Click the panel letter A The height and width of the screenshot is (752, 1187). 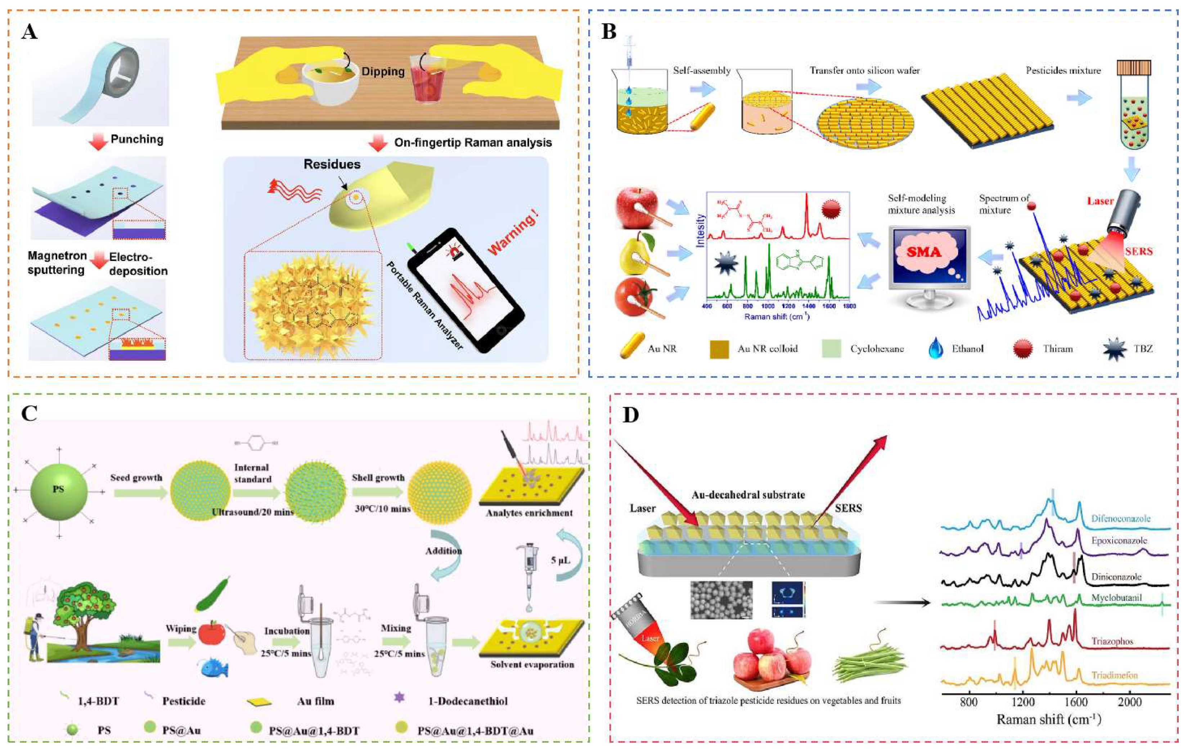[29, 32]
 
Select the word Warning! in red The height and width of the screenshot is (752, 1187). [513, 232]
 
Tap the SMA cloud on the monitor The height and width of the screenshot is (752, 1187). [924, 252]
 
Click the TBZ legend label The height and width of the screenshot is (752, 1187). [1143, 349]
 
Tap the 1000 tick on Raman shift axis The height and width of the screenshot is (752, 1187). [768, 306]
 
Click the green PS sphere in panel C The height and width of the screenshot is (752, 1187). [59, 490]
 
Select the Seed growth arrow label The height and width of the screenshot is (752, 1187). [136, 478]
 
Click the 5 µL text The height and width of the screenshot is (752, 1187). [561, 560]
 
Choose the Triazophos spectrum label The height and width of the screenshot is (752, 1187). [1112, 641]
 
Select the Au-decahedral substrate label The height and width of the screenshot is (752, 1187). [748, 495]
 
